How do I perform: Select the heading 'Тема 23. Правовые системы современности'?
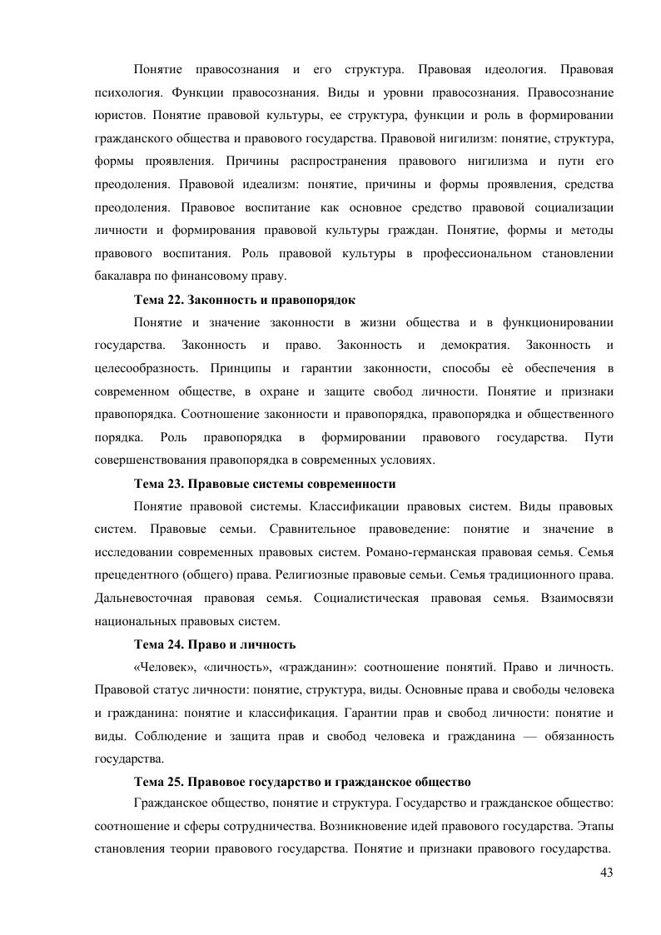click(x=265, y=483)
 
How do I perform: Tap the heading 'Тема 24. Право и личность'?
click(x=215, y=644)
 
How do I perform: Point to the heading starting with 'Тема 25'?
click(x=303, y=783)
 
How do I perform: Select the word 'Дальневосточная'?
click(x=145, y=598)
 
